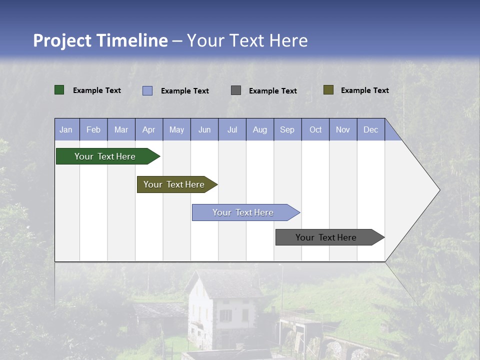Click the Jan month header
pos(66,129)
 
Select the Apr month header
pos(149,129)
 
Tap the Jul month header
pos(232,129)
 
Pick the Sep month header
pos(287,129)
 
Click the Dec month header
pos(370,129)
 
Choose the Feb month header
pos(93,129)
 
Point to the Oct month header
pos(315,129)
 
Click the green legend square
pos(59,90)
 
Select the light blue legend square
pos(147,90)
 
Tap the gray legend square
pos(236,90)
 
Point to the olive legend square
pos(328,90)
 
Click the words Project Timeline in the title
pos(100,40)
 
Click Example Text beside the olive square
pos(364,90)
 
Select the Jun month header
pos(204,129)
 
